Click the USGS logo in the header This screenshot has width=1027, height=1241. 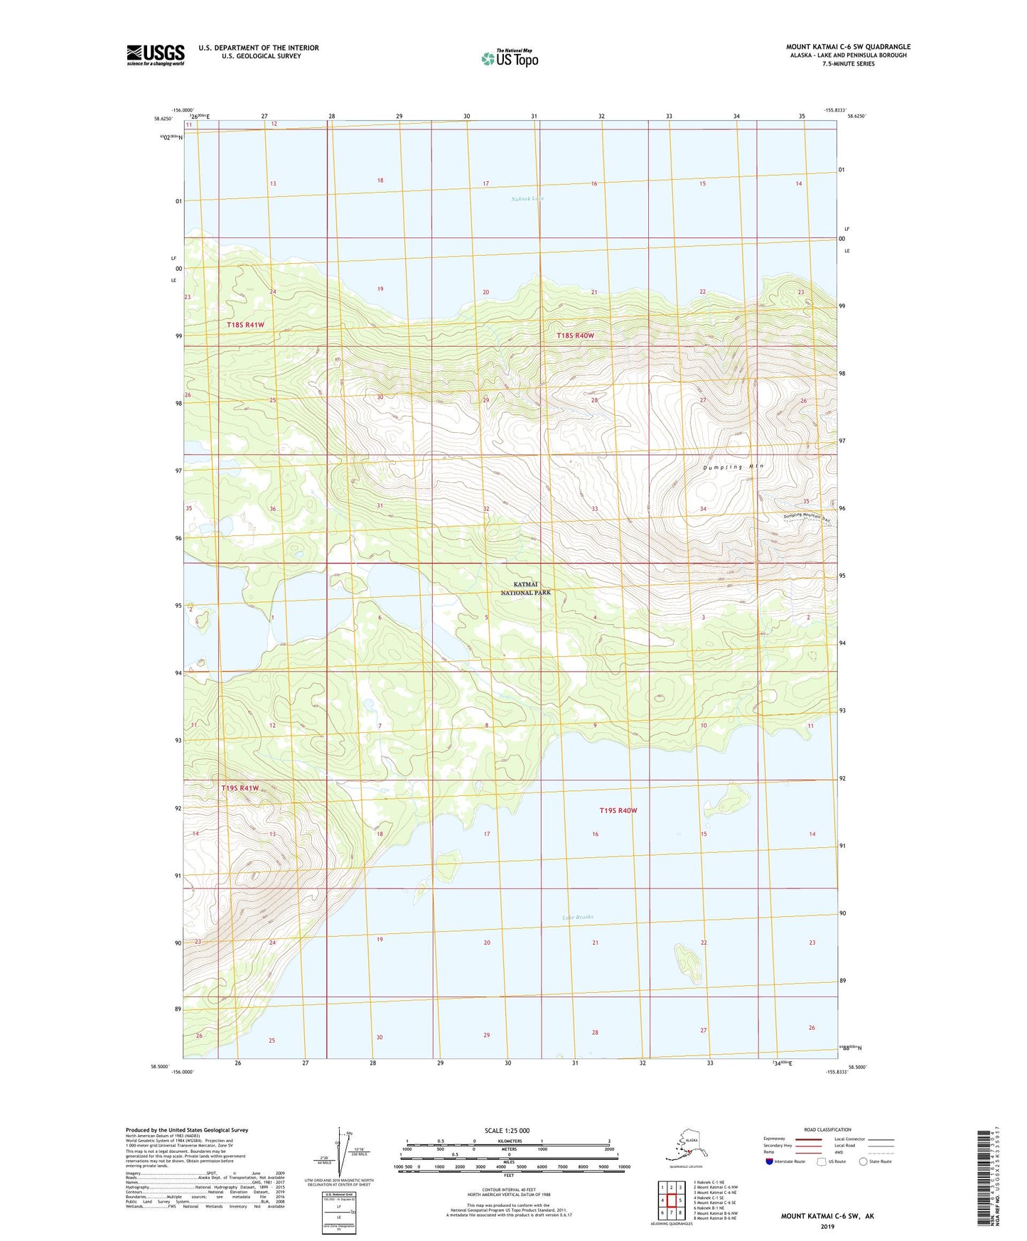click(156, 55)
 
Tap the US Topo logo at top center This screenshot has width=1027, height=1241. click(510, 58)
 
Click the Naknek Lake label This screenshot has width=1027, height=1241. click(527, 199)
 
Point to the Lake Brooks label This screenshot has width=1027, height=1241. click(577, 917)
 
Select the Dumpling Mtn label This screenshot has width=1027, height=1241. click(733, 467)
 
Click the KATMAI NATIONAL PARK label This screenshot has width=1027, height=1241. click(525, 588)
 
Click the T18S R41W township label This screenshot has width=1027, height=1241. click(245, 325)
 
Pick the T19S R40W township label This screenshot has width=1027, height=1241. click(618, 810)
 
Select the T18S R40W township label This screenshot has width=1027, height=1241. click(575, 335)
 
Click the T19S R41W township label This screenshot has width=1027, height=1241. click(240, 788)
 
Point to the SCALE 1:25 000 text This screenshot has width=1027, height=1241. click(507, 1131)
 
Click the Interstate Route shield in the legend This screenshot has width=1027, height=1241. click(770, 1161)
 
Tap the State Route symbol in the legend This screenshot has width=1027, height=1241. click(864, 1161)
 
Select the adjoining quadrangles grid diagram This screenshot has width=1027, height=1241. click(671, 1200)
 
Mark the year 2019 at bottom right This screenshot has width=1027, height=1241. click(827, 1226)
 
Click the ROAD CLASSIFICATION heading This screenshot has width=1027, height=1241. click(827, 1129)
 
